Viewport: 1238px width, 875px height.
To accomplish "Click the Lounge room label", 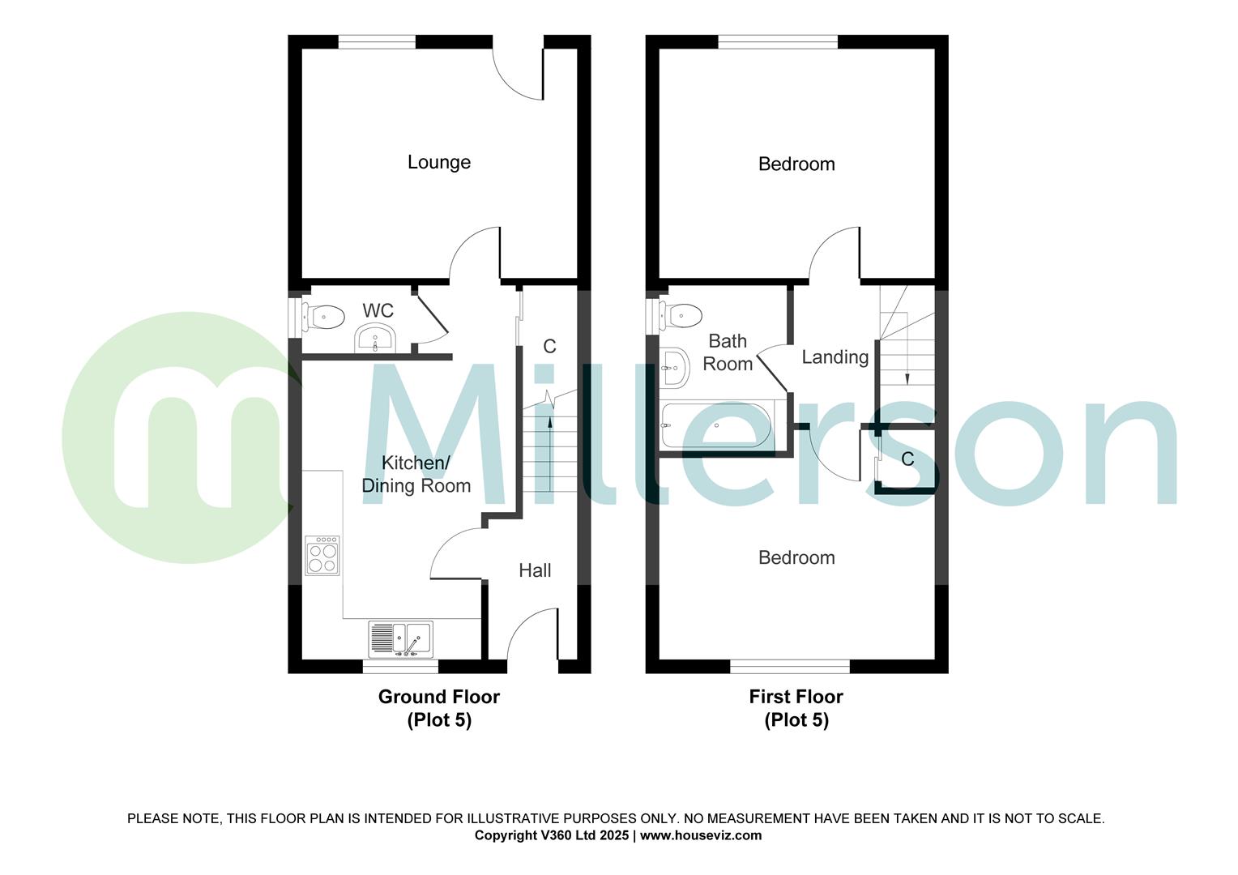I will point(438,162).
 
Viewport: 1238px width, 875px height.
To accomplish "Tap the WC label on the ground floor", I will point(378,310).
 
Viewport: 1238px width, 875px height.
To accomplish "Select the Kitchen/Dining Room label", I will point(416,475).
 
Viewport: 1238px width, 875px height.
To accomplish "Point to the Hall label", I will point(535,570).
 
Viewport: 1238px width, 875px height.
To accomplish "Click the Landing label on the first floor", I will point(835,357).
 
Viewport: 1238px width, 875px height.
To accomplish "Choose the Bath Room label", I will point(728,352).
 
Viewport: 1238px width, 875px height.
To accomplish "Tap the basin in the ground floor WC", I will point(375,338).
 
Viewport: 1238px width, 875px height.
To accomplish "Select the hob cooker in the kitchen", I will point(322,556).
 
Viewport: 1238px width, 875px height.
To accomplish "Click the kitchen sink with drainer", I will point(400,638).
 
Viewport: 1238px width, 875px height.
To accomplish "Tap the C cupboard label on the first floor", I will point(907,459).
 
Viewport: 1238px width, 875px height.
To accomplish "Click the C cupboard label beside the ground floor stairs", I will point(549,347).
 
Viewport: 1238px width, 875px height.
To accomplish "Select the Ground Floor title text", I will point(439,697).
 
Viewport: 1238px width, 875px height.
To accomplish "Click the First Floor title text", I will point(796,697).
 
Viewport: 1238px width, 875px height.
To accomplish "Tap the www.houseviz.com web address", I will point(701,835).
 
